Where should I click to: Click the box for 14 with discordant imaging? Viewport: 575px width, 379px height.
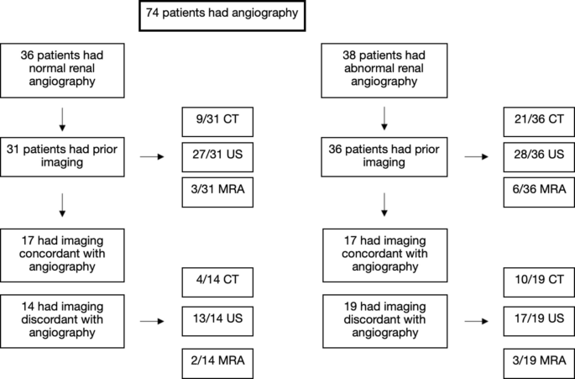tap(63, 320)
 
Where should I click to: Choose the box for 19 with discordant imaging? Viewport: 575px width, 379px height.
tap(385, 320)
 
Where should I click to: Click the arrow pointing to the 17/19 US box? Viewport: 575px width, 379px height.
tap(474, 321)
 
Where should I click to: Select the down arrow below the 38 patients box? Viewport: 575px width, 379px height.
tap(385, 117)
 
